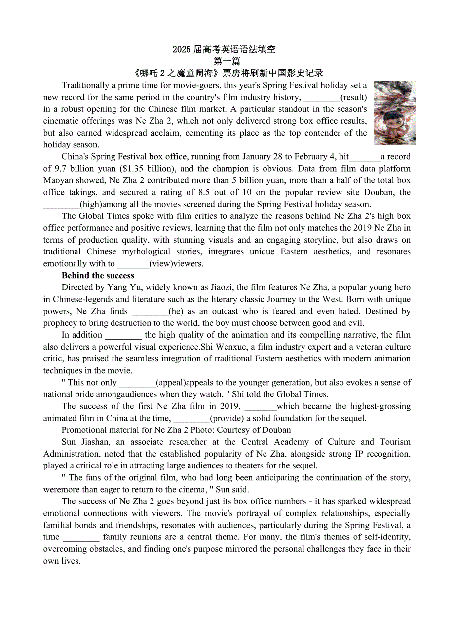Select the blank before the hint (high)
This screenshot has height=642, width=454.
pos(61,204)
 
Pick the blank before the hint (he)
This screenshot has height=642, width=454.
pos(150,311)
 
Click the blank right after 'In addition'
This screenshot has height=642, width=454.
pos(123,335)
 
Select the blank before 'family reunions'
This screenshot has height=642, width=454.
pos(81,537)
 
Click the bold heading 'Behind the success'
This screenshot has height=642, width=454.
pos(98,276)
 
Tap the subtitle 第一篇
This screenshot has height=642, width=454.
pos(227,61)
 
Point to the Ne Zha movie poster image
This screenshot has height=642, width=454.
pos(395,113)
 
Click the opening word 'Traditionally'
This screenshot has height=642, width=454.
pos(85,85)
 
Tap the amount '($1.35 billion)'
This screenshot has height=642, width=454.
pos(148,169)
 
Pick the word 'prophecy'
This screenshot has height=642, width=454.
pos(59,323)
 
